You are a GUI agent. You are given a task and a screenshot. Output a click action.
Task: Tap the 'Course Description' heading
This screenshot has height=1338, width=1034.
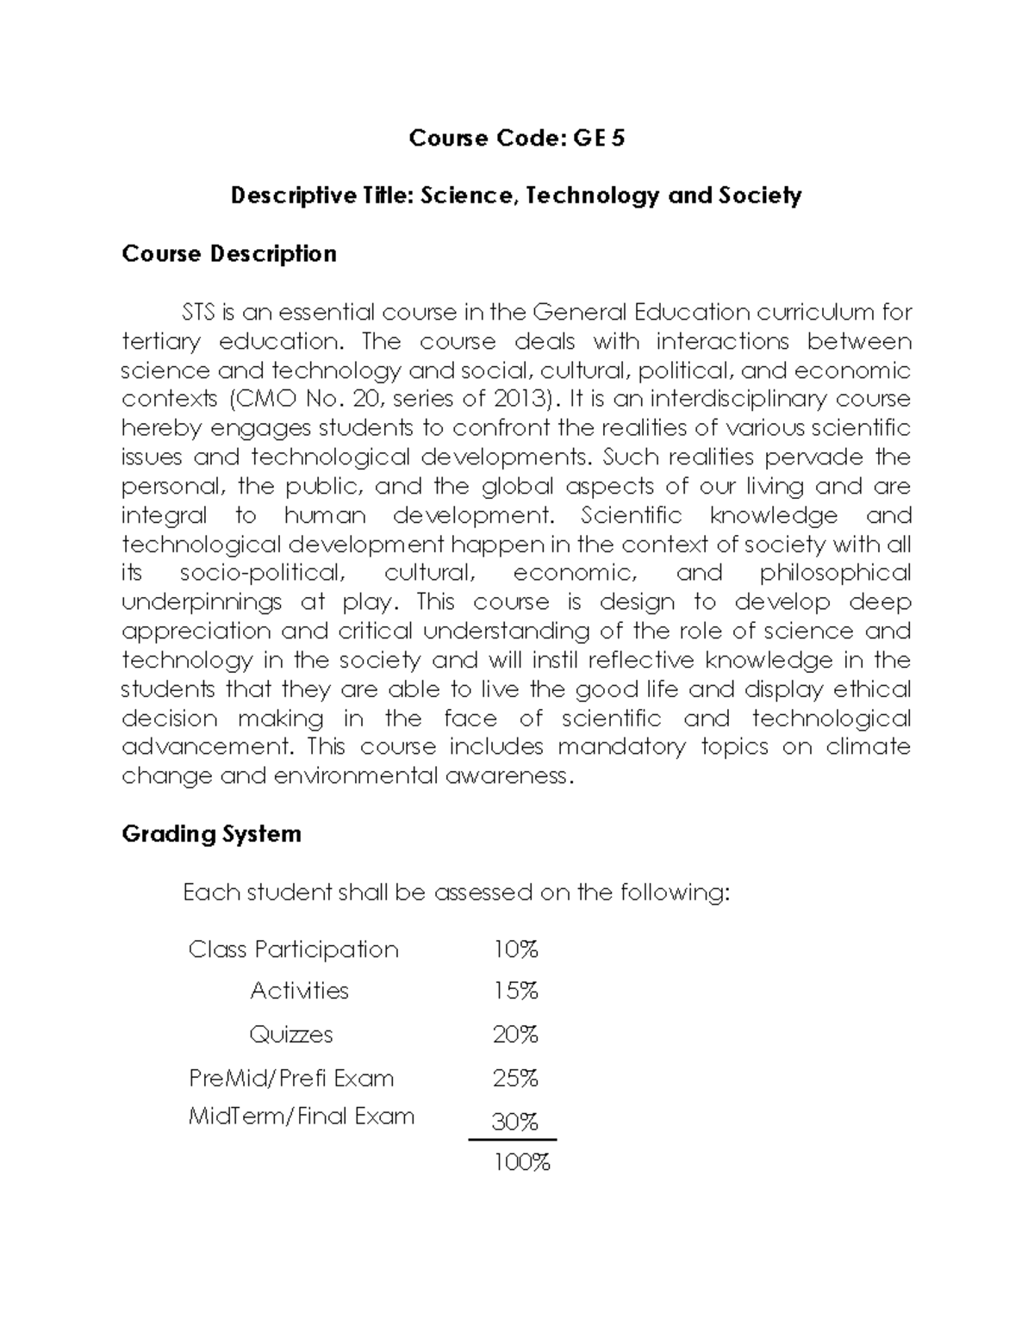coord(229,254)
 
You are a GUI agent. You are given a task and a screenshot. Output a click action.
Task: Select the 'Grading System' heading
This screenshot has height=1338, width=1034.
coord(211,834)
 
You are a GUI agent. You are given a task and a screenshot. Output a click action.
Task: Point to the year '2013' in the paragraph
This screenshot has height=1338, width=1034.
coord(520,399)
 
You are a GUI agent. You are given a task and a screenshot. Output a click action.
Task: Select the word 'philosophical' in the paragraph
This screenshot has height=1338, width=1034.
coord(835,573)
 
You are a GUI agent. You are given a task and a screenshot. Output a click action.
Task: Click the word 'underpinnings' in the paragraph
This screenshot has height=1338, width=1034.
coord(202,602)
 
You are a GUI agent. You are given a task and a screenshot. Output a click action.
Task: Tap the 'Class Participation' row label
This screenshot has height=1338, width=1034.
coord(293,950)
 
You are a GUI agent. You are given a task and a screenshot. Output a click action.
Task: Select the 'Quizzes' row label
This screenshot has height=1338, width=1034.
coord(291,1035)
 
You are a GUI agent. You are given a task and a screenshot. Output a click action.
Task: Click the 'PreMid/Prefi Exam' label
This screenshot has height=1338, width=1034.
coord(291,1079)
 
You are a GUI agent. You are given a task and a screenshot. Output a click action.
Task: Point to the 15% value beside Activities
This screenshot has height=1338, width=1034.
coord(515,992)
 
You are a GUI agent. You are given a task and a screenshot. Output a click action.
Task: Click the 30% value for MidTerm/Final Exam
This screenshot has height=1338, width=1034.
coord(514,1122)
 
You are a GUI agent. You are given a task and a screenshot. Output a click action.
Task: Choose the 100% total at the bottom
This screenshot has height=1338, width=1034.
coord(520,1163)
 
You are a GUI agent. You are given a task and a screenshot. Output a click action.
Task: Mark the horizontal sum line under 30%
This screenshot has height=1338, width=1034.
coord(513,1140)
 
